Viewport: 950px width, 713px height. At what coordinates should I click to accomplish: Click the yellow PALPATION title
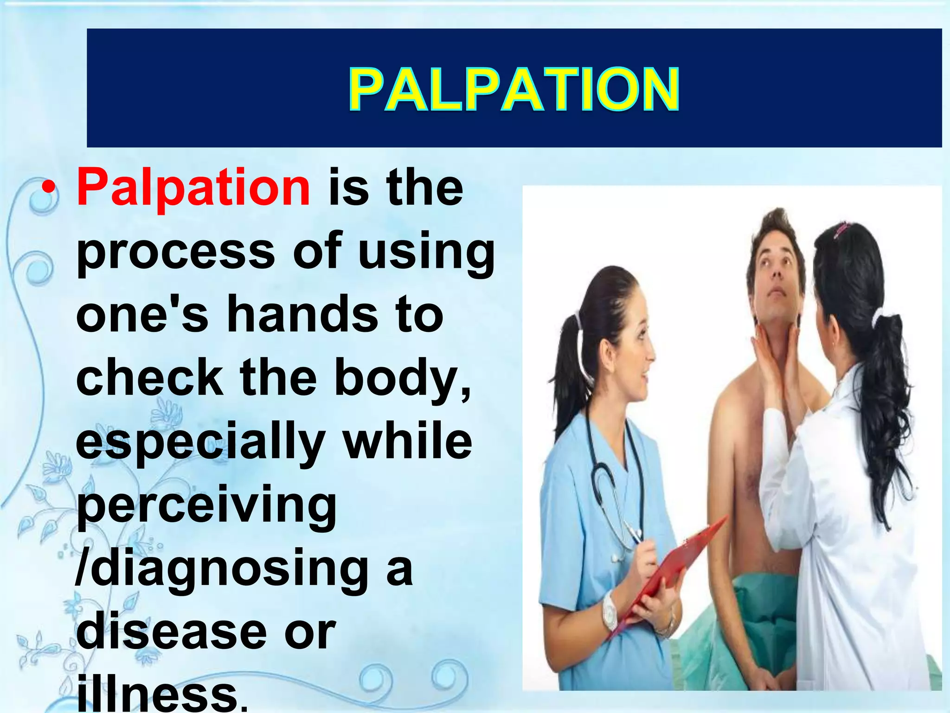514,89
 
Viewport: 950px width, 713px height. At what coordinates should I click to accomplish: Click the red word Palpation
193,188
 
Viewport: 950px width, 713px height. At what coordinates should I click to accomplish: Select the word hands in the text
302,316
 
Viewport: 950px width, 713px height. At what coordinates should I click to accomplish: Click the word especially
200,443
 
